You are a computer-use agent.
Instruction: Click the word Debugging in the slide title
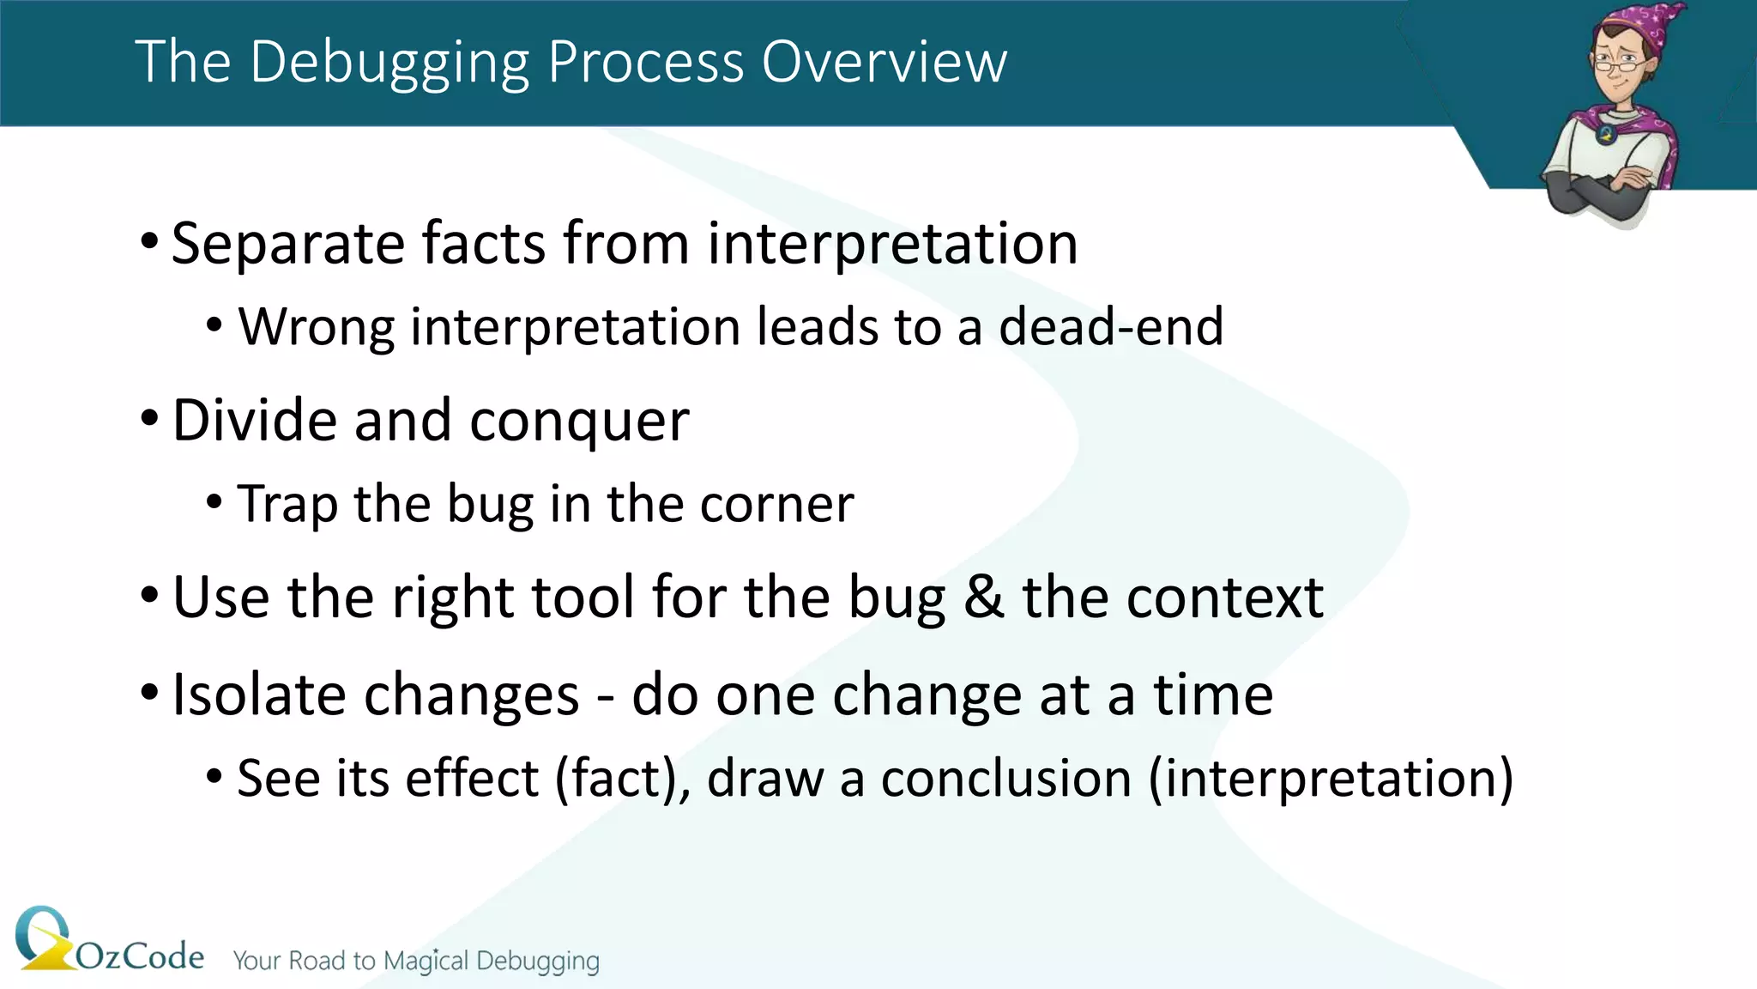390,64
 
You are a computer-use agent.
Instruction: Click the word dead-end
1111,327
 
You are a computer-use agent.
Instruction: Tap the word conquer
579,422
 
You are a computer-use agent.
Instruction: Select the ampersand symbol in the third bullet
983,597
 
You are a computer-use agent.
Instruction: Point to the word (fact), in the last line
622,779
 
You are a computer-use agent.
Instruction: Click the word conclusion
1005,779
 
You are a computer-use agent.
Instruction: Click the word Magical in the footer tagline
426,961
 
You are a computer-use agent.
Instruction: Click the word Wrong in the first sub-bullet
316,327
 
